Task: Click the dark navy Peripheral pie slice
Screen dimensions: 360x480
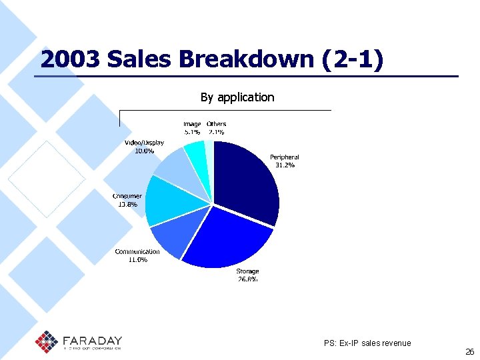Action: [x=247, y=180]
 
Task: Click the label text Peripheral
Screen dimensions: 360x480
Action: [x=285, y=157]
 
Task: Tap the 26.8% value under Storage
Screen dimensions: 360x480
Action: [x=247, y=279]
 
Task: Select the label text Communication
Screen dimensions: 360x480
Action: [x=137, y=251]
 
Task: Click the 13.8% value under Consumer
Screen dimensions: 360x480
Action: [x=127, y=204]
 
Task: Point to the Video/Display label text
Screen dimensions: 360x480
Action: [x=144, y=143]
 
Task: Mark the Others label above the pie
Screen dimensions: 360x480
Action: [x=216, y=124]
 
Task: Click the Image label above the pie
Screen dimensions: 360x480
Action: [x=192, y=124]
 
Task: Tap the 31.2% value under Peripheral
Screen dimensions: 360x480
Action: [x=285, y=165]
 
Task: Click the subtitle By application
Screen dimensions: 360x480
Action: [x=237, y=97]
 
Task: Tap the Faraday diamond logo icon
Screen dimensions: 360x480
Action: [x=47, y=341]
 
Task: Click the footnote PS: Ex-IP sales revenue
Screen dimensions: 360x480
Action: [x=367, y=343]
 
